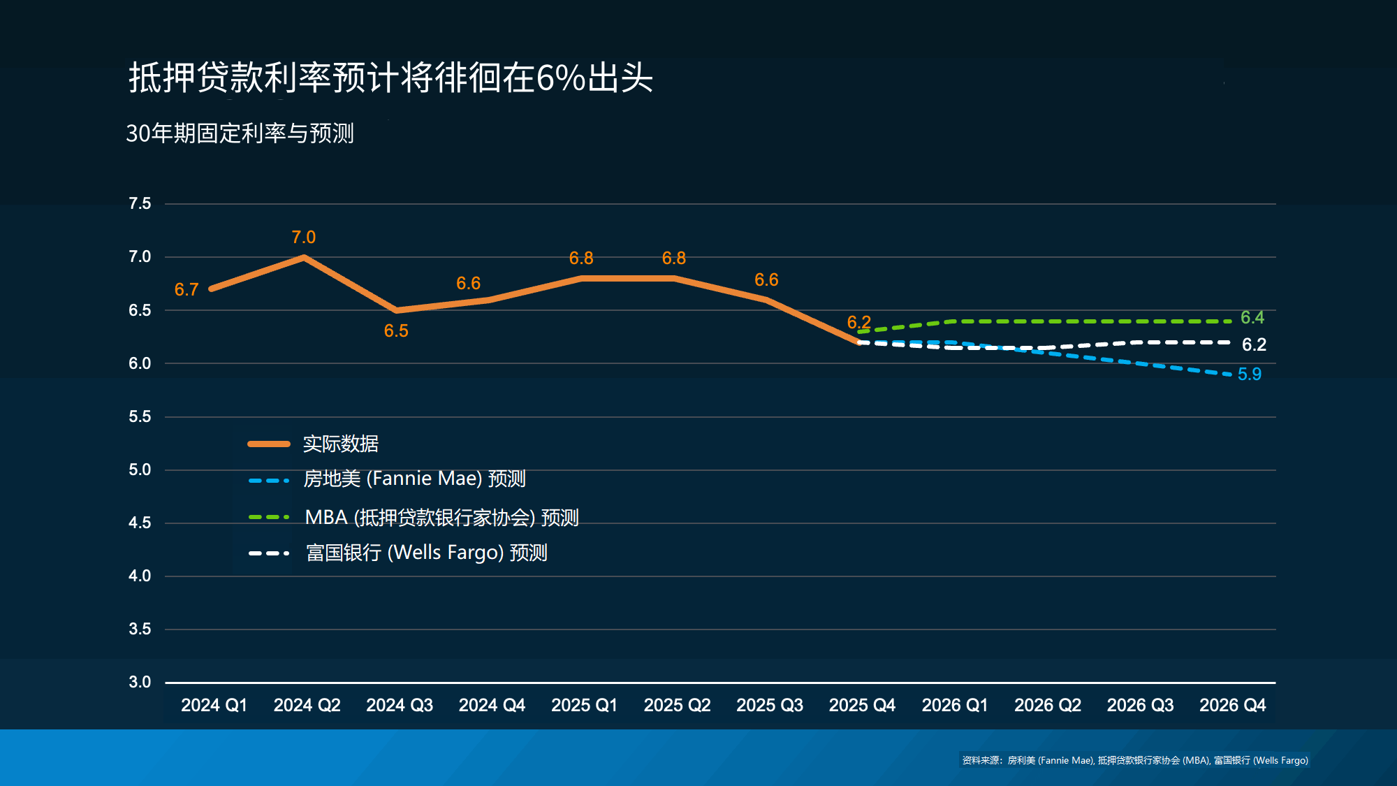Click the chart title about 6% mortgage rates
(390, 78)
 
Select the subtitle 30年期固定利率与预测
(240, 133)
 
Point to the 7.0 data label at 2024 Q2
(303, 238)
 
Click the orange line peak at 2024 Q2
(304, 257)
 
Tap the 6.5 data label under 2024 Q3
(396, 331)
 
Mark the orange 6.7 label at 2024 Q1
(186, 290)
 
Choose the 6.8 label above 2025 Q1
(581, 259)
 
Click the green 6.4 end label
(1252, 318)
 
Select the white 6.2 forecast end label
(1254, 344)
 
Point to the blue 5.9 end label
(1250, 374)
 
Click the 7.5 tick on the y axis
(140, 203)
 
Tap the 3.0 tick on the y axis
(140, 682)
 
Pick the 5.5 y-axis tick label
(140, 416)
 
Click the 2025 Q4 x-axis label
(862, 705)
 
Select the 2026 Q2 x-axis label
(1047, 705)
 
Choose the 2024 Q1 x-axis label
(214, 705)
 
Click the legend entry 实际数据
(341, 444)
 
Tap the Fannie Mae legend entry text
(414, 479)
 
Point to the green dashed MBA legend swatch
(269, 517)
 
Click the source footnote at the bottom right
(1134, 760)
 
